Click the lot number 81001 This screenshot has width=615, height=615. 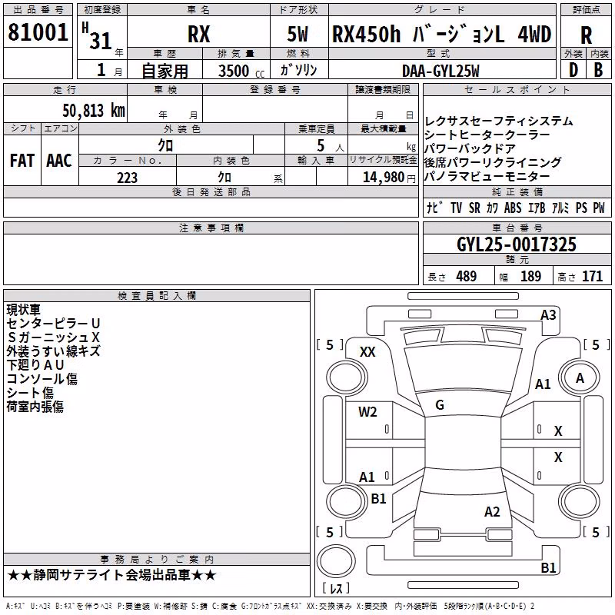38,32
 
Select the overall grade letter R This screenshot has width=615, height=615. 586,35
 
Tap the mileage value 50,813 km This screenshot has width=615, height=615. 94,111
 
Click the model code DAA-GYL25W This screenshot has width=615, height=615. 440,71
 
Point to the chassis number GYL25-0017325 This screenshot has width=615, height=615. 517,244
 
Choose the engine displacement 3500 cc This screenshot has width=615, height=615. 241,71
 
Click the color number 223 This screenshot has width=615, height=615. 127,178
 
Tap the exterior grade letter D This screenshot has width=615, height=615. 573,71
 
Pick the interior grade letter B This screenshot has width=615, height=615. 598,71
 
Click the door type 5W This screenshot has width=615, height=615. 298,34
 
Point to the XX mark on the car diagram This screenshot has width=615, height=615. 367,352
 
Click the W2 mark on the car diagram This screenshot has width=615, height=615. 367,412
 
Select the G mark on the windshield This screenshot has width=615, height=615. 440,405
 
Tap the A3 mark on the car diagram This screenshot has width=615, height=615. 548,315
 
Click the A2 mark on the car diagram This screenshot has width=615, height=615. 492,512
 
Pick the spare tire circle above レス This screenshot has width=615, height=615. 336,560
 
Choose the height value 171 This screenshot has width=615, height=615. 592,277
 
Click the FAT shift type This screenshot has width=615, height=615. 22,161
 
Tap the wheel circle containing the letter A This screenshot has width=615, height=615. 580,378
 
